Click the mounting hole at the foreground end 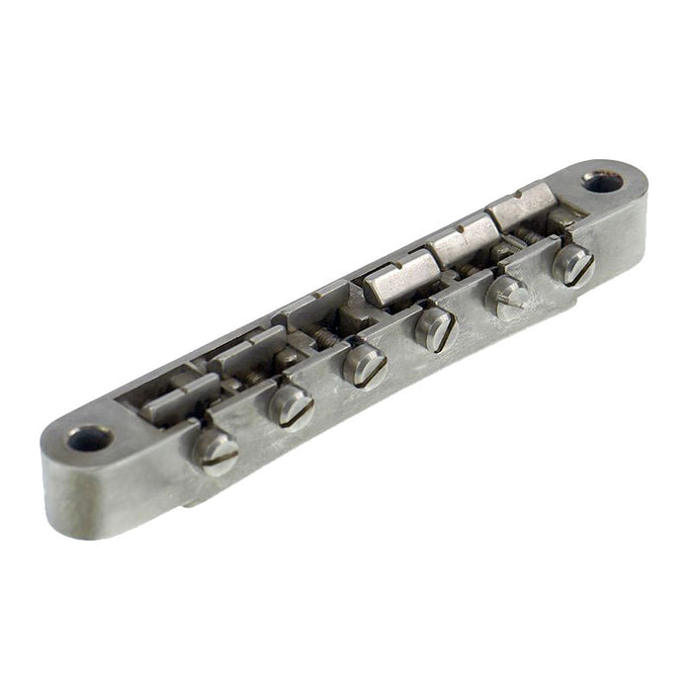click(x=90, y=438)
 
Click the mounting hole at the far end click(x=600, y=182)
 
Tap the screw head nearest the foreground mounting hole click(x=216, y=452)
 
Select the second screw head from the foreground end click(x=291, y=404)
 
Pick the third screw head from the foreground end click(x=365, y=366)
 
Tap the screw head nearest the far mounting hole click(x=573, y=264)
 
